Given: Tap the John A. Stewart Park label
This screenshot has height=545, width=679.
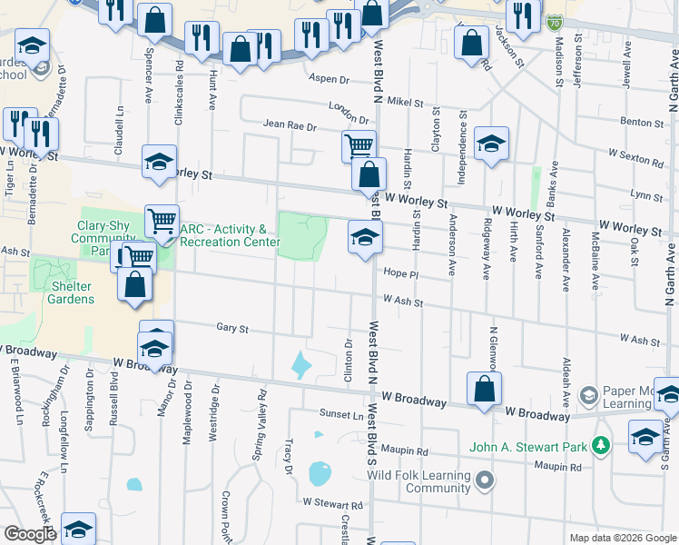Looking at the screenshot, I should (x=527, y=446).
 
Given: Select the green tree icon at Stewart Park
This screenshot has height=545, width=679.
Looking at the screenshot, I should (x=599, y=445).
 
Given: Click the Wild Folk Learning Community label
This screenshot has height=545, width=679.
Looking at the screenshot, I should (x=418, y=481).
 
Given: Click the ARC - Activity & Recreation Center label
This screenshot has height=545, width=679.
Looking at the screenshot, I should (x=223, y=235).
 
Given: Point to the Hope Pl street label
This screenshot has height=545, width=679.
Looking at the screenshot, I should (x=399, y=272).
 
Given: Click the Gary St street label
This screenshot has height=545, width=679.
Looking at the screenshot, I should (x=232, y=327).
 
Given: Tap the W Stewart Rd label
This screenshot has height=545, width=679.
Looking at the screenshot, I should (x=333, y=503).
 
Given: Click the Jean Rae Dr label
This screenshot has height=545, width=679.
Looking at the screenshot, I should (x=290, y=126).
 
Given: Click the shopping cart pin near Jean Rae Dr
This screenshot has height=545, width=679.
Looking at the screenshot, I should (x=359, y=145).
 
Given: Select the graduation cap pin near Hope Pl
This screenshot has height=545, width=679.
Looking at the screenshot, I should (x=366, y=239).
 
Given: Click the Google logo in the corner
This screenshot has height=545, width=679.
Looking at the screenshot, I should (x=29, y=534).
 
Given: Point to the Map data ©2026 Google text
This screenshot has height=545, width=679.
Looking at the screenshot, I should (x=622, y=538).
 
